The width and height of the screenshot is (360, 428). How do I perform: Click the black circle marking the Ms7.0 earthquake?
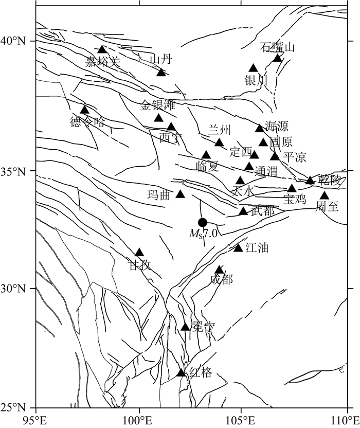coord(203,222)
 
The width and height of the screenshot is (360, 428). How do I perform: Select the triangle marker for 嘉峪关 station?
coord(102,49)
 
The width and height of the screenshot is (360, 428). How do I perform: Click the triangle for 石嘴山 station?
coord(278,58)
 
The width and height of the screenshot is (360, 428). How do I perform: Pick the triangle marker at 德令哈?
coord(85,110)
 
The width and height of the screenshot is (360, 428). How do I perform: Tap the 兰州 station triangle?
coord(220,142)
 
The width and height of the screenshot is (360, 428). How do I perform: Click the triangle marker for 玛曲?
coord(180,194)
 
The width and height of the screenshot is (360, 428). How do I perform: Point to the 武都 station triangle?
coord(243,211)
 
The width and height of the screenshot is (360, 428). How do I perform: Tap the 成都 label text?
coord(222,280)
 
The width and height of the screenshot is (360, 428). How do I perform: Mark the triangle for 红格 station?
coord(181,372)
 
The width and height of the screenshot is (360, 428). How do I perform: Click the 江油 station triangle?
coord(238,248)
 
